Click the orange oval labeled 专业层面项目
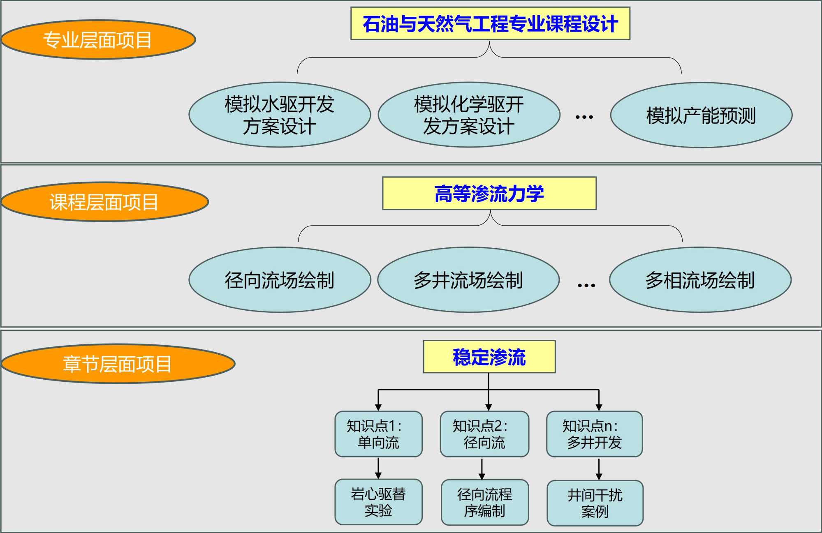tap(98, 40)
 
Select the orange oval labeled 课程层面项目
tap(104, 202)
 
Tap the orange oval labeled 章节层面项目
tap(118, 364)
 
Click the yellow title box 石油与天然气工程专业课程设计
tap(490, 23)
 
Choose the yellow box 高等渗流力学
tap(489, 194)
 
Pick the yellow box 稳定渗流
tap(489, 357)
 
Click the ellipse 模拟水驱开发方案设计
tap(280, 115)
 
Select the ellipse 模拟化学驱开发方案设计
tap(469, 115)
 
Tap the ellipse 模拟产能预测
tap(701, 115)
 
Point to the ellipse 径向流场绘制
tap(280, 280)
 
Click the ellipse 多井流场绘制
tap(468, 280)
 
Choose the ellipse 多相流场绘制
tap(700, 280)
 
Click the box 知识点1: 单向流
tap(378, 434)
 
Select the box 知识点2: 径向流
tap(484, 434)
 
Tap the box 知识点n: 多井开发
tap(594, 434)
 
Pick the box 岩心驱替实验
tap(378, 502)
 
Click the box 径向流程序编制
tap(485, 502)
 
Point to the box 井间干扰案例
tap(595, 503)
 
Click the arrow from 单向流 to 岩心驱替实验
tap(378, 468)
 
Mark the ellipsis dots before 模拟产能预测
tap(584, 117)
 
